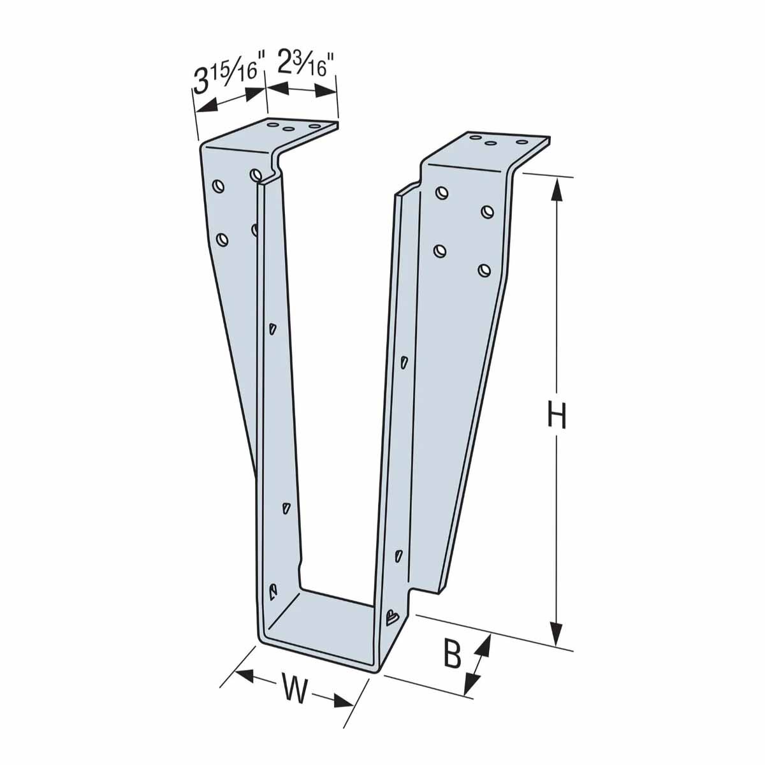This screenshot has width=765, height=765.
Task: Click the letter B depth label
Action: tap(453, 654)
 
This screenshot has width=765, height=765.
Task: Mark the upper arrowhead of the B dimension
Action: tap(484, 646)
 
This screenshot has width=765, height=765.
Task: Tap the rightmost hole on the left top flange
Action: tap(315, 128)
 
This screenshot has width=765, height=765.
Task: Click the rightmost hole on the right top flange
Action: tap(522, 142)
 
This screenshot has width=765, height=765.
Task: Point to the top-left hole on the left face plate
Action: tap(219, 186)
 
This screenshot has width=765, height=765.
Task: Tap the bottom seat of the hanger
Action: tap(325, 622)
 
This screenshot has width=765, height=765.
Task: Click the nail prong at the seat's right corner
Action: tap(391, 616)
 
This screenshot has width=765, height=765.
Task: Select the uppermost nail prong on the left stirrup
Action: tap(272, 328)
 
